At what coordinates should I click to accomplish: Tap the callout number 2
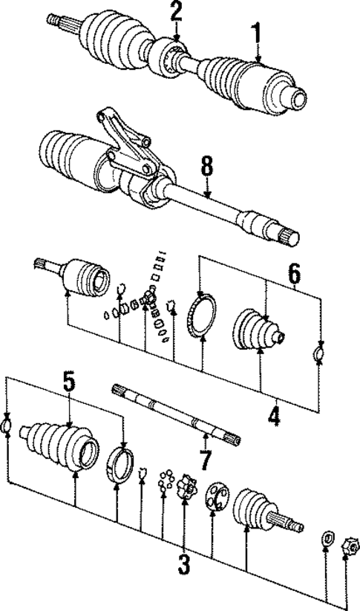(x=176, y=12)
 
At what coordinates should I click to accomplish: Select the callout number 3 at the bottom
(x=183, y=565)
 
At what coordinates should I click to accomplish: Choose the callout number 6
(x=294, y=275)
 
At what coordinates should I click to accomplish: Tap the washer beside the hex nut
(x=325, y=537)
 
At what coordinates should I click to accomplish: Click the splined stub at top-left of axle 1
(x=57, y=20)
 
